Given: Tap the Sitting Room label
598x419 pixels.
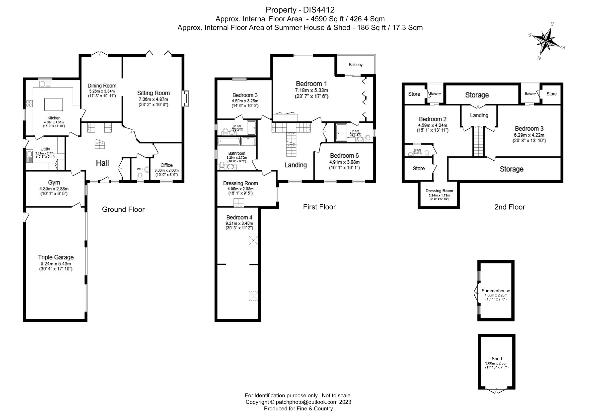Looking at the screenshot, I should (153, 93).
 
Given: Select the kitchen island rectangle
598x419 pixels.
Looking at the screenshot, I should (53, 105).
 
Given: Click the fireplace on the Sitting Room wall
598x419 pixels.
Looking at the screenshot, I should (185, 98).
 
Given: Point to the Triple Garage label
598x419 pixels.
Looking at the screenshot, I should (56, 257).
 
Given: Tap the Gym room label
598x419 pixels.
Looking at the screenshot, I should (54, 183).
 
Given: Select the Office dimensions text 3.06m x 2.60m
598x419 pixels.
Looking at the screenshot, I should (166, 170).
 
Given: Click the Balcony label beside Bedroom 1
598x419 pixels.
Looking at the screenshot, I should (355, 65).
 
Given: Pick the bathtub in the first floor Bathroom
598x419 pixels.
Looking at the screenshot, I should (229, 142).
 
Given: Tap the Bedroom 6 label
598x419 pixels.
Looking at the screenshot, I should (344, 156).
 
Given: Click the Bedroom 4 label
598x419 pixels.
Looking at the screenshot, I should (239, 217).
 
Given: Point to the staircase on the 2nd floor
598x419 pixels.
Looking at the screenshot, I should (478, 141).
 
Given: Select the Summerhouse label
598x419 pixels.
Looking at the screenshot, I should (496, 291).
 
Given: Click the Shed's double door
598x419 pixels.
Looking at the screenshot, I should (496, 398).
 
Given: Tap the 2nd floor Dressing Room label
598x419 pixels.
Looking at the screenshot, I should (439, 191).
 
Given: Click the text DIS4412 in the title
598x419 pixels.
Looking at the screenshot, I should (318, 10).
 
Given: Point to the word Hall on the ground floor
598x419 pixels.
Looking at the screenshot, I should (102, 163).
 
